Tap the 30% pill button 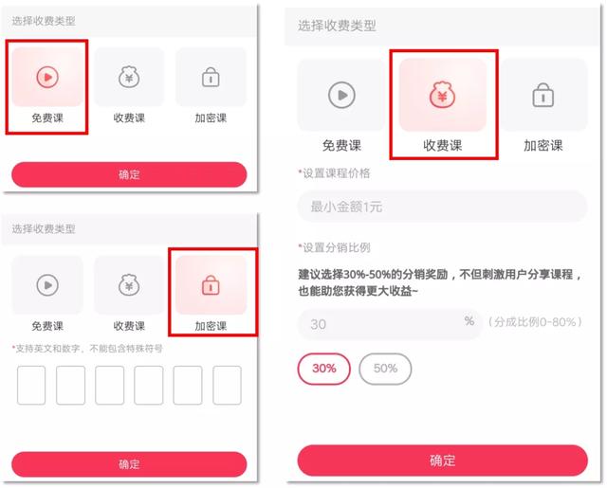324,369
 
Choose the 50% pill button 385,369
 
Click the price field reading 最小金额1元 442,207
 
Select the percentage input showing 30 389,324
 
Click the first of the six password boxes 31,385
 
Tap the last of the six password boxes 227,385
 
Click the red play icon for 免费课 47,77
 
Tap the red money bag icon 442,95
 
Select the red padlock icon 211,285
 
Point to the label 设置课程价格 335,172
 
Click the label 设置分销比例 335,247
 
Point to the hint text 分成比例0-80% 535,322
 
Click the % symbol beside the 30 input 469,320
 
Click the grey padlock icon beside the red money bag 543,95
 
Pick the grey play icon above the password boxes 47,285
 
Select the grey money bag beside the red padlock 129,285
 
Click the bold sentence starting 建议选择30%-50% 440,282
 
